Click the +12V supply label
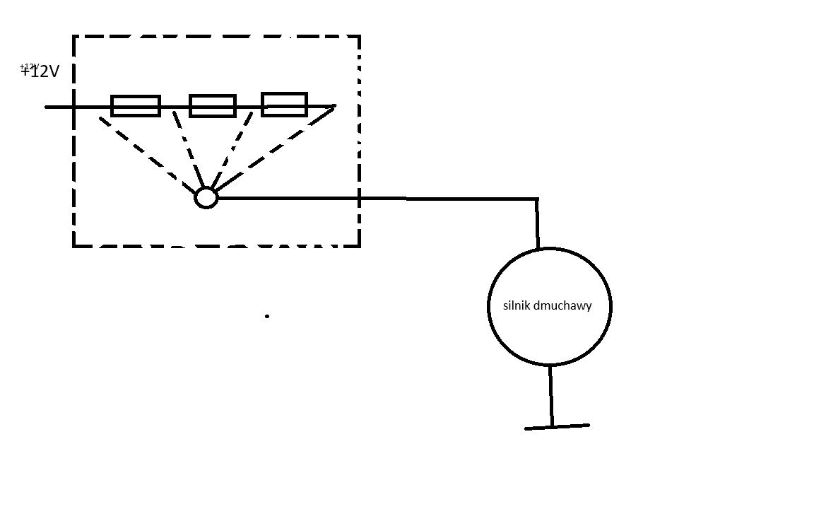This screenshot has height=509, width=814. (x=40, y=71)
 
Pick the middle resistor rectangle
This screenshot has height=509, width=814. (x=212, y=96)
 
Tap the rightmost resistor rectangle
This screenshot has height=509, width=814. (x=284, y=94)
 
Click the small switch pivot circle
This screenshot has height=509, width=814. (x=206, y=188)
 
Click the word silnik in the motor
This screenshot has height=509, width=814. (x=517, y=305)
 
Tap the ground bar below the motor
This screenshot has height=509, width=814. (x=557, y=427)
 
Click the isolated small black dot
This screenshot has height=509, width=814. (x=267, y=316)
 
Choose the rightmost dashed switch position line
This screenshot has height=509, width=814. (x=274, y=147)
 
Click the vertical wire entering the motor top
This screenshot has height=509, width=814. (x=537, y=223)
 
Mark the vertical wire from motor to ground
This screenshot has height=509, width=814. (x=551, y=396)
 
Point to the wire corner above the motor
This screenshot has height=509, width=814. (x=537, y=199)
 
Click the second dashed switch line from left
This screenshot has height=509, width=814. (x=188, y=150)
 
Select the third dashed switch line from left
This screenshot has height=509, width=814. (x=232, y=150)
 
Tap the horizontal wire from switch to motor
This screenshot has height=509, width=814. (x=377, y=198)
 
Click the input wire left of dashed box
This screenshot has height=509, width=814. (x=59, y=107)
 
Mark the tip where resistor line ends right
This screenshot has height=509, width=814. (x=336, y=106)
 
